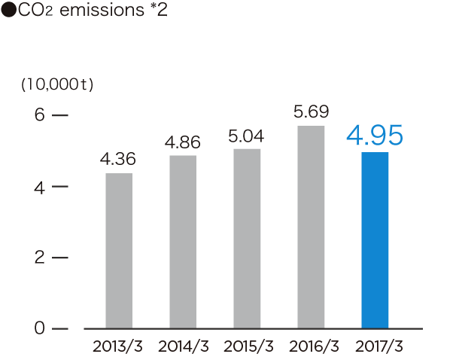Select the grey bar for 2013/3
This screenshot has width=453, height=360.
pyautogui.click(x=119, y=251)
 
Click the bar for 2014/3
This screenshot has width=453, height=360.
pyautogui.click(x=183, y=242)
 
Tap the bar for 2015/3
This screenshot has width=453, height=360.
pyautogui.click(x=248, y=238)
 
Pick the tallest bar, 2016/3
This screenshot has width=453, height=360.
pyautogui.click(x=312, y=227)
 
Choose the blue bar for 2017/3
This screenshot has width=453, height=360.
pyautogui.click(x=375, y=240)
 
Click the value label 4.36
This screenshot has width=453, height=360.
pyautogui.click(x=118, y=160)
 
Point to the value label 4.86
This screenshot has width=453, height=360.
pyautogui.click(x=183, y=142)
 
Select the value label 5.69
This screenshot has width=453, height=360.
pyautogui.click(x=311, y=112)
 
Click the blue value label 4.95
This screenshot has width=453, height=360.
pyautogui.click(x=375, y=136)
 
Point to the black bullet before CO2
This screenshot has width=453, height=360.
pyautogui.click(x=8, y=11)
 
